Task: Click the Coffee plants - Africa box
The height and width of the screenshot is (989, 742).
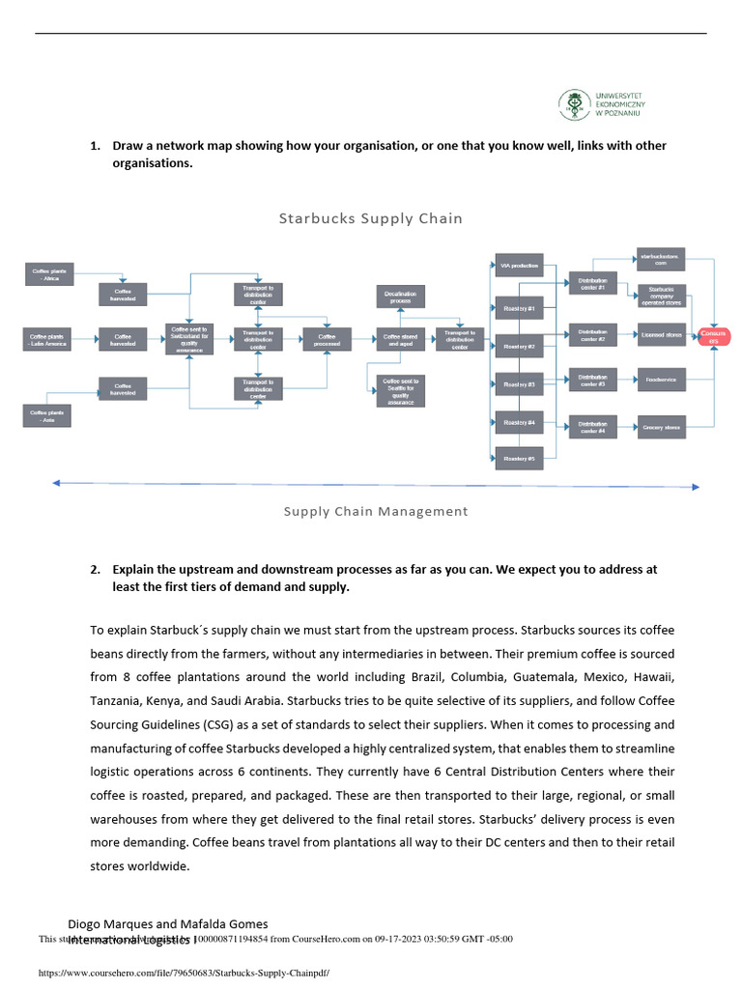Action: coord(46,275)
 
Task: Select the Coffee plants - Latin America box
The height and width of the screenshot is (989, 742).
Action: coord(48,339)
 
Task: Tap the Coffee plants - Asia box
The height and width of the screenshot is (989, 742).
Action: coord(46,415)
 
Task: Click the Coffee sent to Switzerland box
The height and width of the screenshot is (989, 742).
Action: coord(189,339)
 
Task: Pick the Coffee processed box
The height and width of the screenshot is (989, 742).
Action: coord(328,339)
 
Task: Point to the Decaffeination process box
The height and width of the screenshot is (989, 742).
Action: coord(400,297)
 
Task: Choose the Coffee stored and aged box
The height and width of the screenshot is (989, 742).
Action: coord(400,339)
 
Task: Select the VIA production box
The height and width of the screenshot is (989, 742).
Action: coord(519,266)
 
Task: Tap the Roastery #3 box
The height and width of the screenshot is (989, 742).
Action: coord(519,384)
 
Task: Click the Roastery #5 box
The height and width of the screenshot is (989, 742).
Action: coord(519,459)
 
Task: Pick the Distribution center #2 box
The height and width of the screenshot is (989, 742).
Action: coord(592,335)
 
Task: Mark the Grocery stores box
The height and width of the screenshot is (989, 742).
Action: coord(662,426)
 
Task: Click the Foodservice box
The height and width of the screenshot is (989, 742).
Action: coord(662,380)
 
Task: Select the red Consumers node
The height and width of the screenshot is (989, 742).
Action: coord(715,336)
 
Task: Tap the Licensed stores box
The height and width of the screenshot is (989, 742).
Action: coord(662,335)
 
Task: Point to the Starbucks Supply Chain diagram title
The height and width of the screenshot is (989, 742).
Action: coord(370,218)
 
